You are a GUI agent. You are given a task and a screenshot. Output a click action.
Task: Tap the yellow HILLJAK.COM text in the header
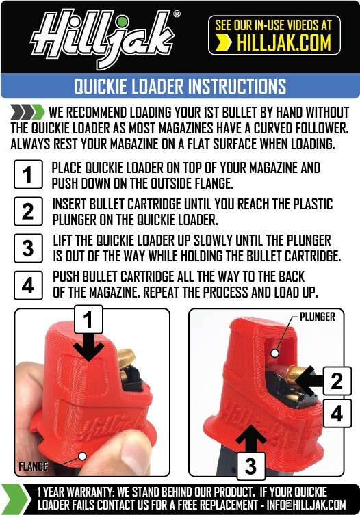tap(283, 44)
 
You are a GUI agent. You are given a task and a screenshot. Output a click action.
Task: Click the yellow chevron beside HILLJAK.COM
tap(223, 44)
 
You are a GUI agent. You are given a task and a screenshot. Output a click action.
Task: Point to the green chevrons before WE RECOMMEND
tap(28, 112)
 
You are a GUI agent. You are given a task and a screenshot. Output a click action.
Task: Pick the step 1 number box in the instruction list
tap(27, 174)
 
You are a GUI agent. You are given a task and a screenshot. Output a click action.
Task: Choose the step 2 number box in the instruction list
tap(27, 211)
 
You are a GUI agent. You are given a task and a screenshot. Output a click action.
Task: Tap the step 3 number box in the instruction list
tap(27, 248)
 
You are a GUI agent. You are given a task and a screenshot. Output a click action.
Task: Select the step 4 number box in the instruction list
tap(27, 284)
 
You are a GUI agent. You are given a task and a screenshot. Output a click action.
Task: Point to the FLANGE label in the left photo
tap(33, 466)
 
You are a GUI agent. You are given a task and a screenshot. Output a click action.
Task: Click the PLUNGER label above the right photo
tap(318, 317)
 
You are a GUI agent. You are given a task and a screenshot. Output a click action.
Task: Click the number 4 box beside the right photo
tap(336, 413)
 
